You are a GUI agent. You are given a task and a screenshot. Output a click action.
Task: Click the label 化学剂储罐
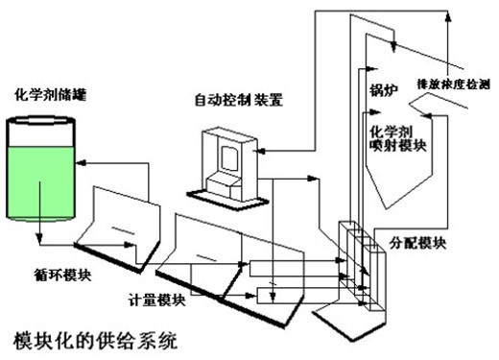point(51,95)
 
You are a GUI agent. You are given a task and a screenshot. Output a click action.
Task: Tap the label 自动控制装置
point(239,100)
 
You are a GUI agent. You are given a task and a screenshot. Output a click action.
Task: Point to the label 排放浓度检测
point(453,84)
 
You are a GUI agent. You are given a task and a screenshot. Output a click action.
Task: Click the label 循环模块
point(62,276)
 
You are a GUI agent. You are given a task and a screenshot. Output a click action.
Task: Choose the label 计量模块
point(156,300)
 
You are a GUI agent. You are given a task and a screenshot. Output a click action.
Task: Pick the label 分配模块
point(417,243)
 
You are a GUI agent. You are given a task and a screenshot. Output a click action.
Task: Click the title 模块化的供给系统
point(95,341)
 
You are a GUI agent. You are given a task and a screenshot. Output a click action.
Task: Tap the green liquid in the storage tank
point(40,182)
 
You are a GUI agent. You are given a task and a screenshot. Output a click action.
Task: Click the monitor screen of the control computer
point(229,158)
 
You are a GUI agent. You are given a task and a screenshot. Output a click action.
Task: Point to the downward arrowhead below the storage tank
point(39,239)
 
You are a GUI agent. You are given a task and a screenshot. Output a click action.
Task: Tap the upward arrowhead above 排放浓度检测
point(448,16)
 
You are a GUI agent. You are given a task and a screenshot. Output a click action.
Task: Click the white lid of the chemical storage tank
point(41,122)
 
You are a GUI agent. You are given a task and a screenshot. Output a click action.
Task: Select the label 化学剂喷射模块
point(398,138)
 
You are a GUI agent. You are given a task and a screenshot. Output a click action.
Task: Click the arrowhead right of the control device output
point(312,179)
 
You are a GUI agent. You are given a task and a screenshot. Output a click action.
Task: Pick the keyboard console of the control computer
point(224,187)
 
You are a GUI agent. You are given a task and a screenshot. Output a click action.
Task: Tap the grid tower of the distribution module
point(363,266)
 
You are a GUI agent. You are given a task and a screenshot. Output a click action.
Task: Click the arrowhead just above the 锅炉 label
point(371,68)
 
